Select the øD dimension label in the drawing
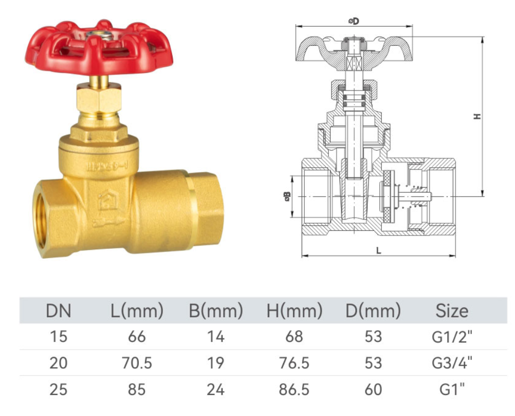click(x=354, y=21)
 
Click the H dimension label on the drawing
click(x=477, y=117)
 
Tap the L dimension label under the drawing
click(x=379, y=250)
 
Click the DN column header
click(x=58, y=311)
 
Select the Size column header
click(x=452, y=311)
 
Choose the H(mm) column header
click(x=295, y=311)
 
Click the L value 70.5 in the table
click(x=137, y=363)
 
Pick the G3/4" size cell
click(x=452, y=363)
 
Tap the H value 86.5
click(x=295, y=390)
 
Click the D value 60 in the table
click(x=373, y=390)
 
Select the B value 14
click(x=216, y=337)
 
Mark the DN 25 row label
click(x=58, y=390)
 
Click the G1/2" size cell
click(x=452, y=337)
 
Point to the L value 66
click(x=137, y=337)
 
